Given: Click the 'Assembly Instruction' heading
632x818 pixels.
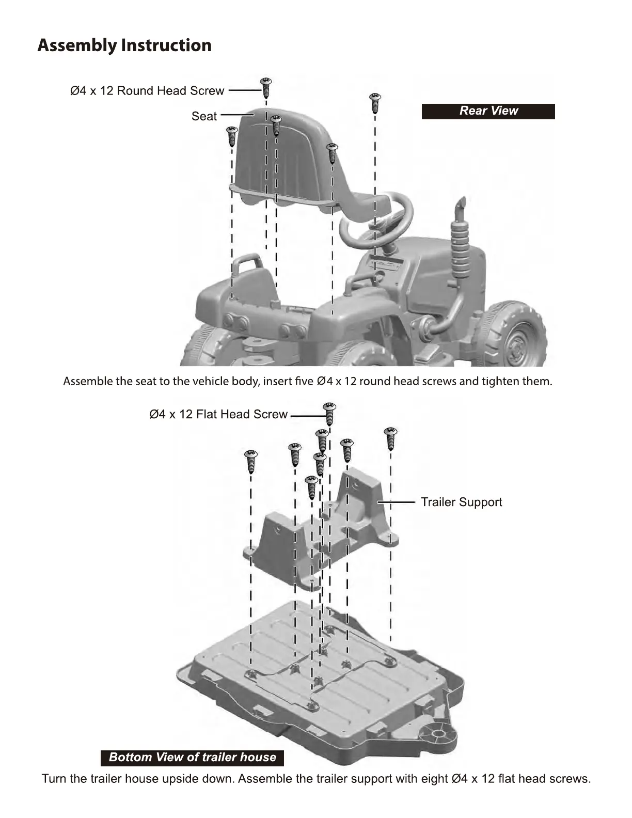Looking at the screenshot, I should (x=124, y=45).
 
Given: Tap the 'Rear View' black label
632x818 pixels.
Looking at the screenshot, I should (x=488, y=111).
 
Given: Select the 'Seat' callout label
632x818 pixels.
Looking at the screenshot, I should (x=204, y=117).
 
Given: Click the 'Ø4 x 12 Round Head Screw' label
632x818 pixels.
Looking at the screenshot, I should (x=147, y=91).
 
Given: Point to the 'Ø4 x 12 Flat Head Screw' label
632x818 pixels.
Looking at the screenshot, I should (x=218, y=414).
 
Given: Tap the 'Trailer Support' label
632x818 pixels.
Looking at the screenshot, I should (x=461, y=502).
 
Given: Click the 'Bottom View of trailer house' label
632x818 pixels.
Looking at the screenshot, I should (x=192, y=758).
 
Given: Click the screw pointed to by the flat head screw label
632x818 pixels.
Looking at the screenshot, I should (x=329, y=413).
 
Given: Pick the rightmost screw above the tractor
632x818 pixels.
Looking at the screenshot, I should (x=375, y=102).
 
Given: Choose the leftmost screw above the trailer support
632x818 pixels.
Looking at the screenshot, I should (x=251, y=461).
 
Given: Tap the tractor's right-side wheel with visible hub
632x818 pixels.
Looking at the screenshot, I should (x=512, y=336).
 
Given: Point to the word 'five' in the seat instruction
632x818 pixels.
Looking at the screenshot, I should (x=304, y=382).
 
